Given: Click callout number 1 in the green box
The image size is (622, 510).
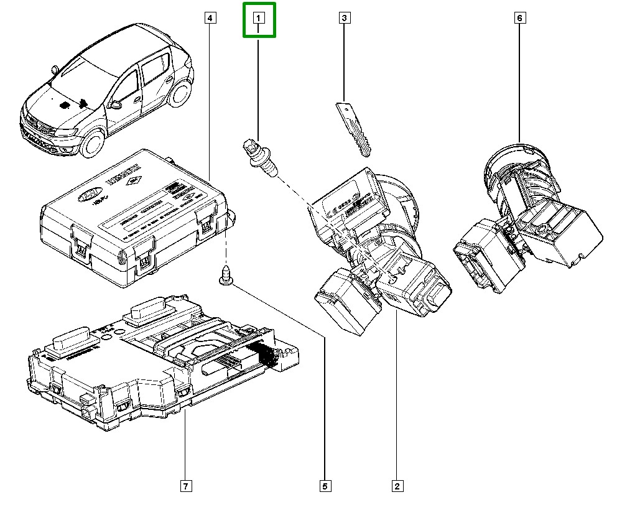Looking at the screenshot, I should (x=258, y=19).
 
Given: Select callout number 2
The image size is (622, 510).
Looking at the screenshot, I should (x=396, y=486).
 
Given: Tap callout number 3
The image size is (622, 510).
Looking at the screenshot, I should (x=344, y=19).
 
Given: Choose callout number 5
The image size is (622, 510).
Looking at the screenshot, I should (x=325, y=486).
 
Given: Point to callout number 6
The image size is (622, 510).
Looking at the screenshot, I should (x=519, y=19).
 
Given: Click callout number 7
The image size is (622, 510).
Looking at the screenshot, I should (x=185, y=486).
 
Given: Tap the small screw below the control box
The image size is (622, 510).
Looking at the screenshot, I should (x=226, y=276).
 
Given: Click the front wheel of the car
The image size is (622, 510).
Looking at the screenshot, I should (x=91, y=143).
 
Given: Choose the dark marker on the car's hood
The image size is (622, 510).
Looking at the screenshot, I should (x=64, y=106).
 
